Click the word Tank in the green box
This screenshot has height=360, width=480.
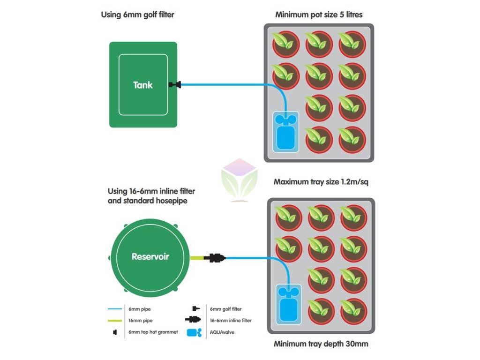[x=143, y=85]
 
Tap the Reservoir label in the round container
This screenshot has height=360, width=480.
[x=150, y=256]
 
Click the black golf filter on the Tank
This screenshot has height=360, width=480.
[x=175, y=85]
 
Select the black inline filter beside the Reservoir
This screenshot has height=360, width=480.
[x=215, y=257]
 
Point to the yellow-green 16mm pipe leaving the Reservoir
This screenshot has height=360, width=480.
[x=197, y=257]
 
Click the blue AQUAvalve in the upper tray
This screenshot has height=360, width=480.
[x=284, y=132]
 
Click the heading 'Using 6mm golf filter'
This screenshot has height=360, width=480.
[x=137, y=15]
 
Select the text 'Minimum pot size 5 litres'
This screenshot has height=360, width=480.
[x=319, y=15]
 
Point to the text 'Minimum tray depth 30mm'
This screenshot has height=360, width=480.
[x=321, y=344]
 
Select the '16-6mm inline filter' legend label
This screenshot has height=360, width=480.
[x=231, y=321]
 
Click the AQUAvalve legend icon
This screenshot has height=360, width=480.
[x=194, y=332]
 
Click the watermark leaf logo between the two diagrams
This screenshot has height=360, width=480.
[x=239, y=181]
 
